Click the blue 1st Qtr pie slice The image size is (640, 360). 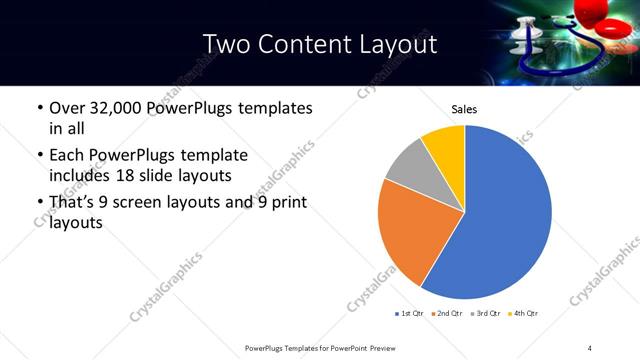coord(505,215)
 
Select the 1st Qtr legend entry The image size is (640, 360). coord(411,314)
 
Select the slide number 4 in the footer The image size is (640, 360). coord(590,347)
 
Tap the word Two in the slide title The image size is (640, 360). coord(223,43)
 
